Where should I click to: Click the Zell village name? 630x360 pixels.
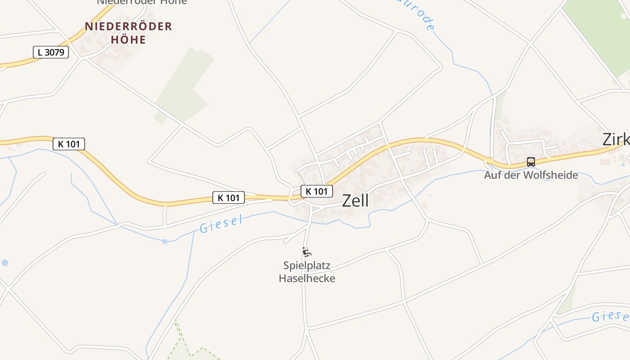tap(355, 201)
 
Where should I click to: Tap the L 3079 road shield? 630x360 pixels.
tap(51, 52)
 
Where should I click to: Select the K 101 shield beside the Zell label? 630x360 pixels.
tap(317, 191)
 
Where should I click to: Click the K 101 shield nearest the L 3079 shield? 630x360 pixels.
tap(69, 144)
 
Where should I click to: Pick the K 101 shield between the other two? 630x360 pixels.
tap(229, 197)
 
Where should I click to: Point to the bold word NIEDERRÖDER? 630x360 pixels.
tap(128, 27)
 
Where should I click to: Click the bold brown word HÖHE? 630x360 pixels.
tap(128, 40)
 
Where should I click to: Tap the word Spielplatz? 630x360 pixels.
tap(307, 265)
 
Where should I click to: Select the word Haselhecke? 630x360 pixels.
tap(307, 278)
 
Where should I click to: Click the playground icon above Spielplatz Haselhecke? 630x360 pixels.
tap(307, 252)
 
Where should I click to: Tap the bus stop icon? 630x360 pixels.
tap(531, 162)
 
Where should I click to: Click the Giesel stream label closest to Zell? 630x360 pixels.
tap(221, 224)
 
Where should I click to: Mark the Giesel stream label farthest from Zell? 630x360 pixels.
tap(610, 316)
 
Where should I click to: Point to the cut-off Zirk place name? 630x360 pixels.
tap(616, 139)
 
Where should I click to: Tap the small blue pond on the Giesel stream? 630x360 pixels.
tap(165, 242)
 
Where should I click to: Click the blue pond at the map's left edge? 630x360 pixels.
tap(4, 262)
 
